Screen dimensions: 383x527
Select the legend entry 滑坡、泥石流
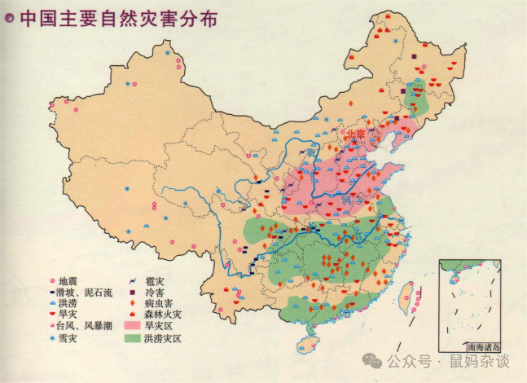coord(85,291)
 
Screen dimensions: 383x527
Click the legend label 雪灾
coord(68,337)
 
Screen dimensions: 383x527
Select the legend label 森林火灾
coord(165,315)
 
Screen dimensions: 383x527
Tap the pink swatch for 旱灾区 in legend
coord(131,326)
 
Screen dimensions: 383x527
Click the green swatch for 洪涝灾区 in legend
coord(131,337)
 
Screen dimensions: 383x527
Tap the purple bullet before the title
coord(10,18)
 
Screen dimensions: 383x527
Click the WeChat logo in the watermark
coord(373,359)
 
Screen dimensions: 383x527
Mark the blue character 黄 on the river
coord(310,152)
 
